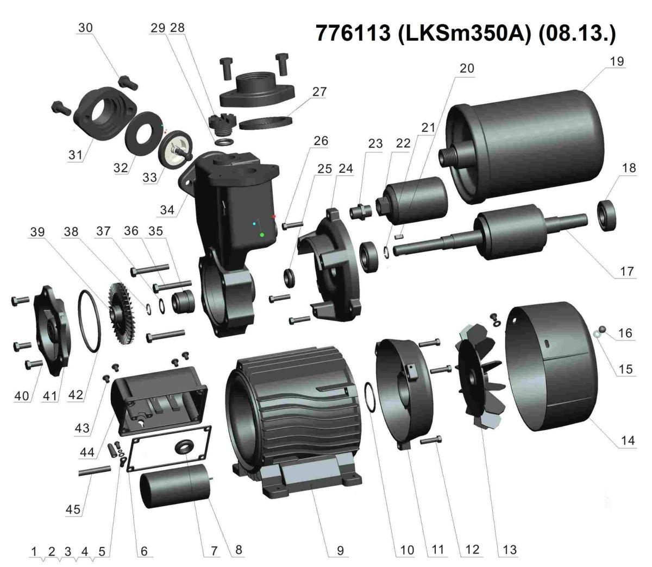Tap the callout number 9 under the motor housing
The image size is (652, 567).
[340, 551]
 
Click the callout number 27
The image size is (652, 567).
[319, 92]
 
